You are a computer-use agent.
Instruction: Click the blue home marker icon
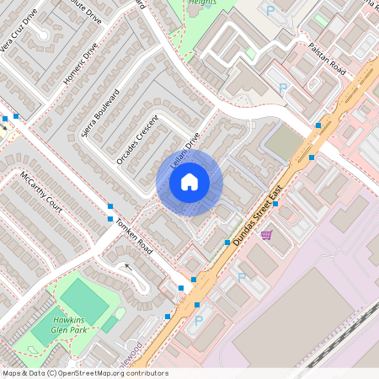[x=189, y=181]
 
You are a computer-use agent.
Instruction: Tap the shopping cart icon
[x=266, y=235]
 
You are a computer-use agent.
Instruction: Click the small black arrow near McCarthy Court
[x=128, y=267]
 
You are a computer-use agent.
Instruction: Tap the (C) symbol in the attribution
[x=51, y=373]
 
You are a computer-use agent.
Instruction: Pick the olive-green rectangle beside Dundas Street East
[x=285, y=143]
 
